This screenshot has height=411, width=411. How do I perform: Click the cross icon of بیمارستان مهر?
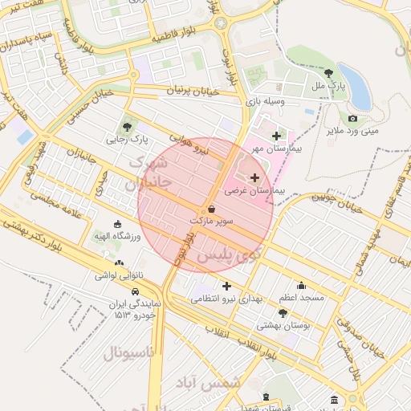278,136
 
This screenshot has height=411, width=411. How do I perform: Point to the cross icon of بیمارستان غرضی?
255,177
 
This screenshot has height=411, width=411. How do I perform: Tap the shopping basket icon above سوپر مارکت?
211,208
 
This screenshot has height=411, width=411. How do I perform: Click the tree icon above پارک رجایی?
128,126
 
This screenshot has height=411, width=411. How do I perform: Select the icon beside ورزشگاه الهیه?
118,224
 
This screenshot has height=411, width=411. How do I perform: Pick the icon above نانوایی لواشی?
119,262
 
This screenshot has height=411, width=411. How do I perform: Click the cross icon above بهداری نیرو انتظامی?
226,285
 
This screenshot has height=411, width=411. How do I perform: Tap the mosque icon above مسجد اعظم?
301,285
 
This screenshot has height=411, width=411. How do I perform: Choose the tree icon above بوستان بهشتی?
283,312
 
